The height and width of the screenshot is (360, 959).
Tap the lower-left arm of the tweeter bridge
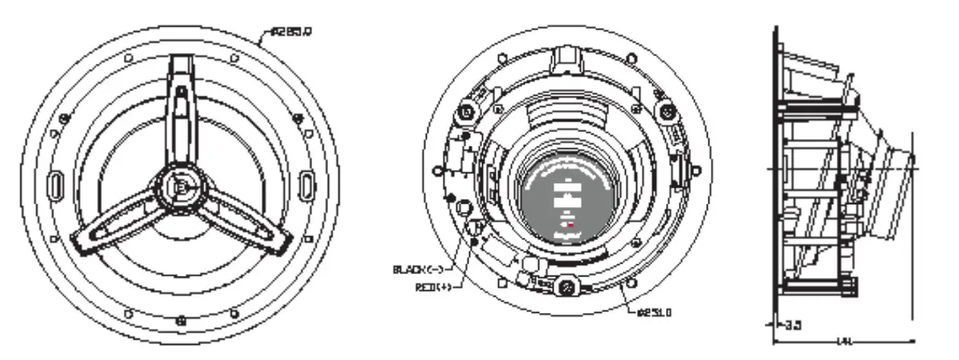pos(114,226)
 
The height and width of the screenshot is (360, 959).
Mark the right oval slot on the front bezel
pos(305,184)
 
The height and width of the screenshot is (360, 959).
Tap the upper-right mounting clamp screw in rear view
pos(666,111)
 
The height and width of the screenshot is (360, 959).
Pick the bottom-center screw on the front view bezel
pos(181,319)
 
